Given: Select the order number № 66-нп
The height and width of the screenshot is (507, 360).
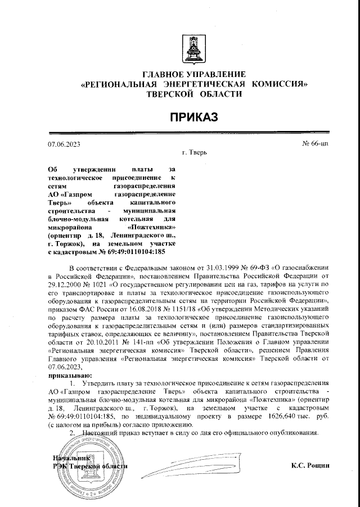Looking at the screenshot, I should pos(315,143).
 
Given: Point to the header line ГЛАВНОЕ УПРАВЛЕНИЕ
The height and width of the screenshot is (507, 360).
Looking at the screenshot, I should pos(195,75).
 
